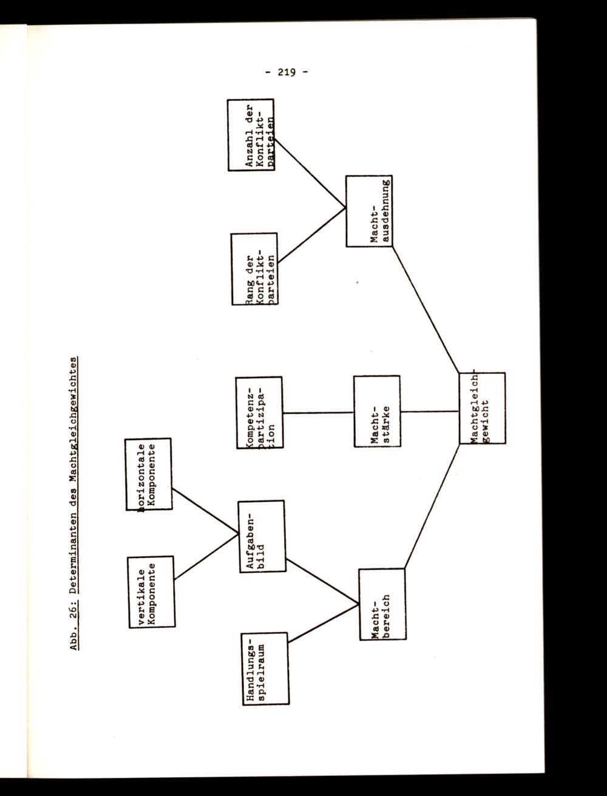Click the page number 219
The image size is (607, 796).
[285, 72]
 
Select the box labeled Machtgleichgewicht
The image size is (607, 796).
[482, 408]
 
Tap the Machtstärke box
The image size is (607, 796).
[376, 411]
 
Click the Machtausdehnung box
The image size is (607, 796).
[369, 211]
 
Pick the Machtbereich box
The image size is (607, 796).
[382, 604]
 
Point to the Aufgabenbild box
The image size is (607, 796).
[261, 536]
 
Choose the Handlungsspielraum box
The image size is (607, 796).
[264, 668]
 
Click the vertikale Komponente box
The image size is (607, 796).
[151, 592]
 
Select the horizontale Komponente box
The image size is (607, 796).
[148, 474]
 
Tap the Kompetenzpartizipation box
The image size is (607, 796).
[259, 412]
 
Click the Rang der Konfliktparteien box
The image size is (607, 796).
[255, 268]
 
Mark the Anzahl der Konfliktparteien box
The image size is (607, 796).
[251, 135]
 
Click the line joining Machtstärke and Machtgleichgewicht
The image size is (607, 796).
[429, 412]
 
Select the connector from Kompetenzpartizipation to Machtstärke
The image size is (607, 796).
[317, 412]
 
